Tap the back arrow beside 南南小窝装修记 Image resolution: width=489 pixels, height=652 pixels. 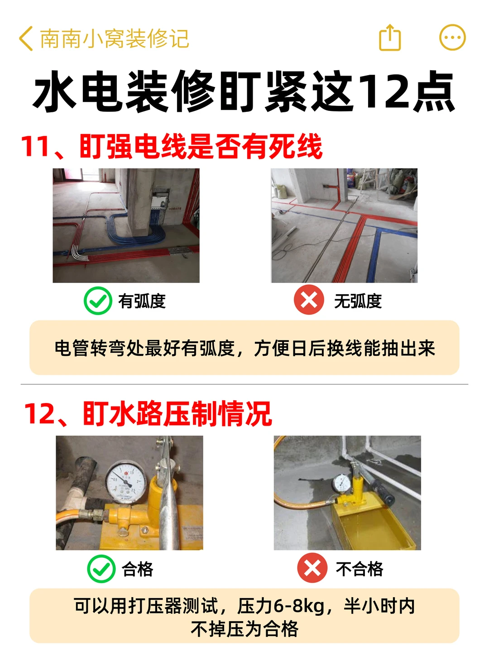point(26,38)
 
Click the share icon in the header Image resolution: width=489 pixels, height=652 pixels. point(390,38)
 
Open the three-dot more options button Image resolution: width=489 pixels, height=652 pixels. point(452,38)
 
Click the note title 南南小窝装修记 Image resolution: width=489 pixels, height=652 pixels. point(114,38)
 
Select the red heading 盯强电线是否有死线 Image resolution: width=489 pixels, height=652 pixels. point(201,146)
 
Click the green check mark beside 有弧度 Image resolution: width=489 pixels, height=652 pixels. point(98,301)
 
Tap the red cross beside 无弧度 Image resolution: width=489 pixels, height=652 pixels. point(309,299)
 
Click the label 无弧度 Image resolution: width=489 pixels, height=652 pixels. point(358,301)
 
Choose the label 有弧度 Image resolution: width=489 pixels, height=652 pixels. point(142,301)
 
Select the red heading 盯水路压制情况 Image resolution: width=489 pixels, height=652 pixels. point(177,414)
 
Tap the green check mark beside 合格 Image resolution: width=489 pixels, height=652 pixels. point(101,569)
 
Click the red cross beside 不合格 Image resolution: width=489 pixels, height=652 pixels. point(312,568)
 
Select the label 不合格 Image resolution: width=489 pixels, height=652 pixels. point(360,569)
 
